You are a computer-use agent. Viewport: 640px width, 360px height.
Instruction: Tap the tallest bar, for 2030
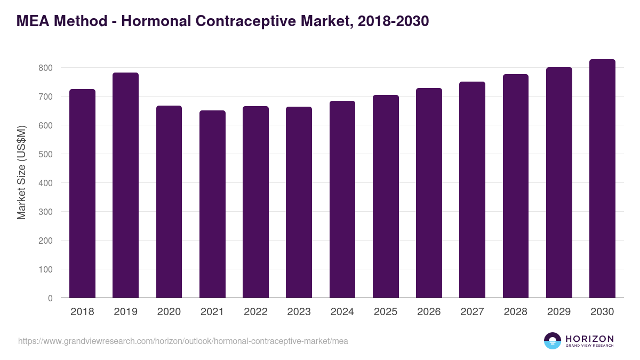[602, 179]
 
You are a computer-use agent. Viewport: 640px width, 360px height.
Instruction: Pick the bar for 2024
[342, 199]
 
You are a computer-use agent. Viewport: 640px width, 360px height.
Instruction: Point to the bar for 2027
[472, 190]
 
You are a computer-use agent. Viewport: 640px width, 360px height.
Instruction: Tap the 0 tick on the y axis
[50, 298]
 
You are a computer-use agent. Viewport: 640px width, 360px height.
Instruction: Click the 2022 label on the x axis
[255, 312]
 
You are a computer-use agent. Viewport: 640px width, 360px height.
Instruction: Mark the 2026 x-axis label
[429, 312]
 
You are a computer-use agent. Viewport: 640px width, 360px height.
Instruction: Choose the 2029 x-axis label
[559, 312]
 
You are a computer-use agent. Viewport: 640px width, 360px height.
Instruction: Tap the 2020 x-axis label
[169, 312]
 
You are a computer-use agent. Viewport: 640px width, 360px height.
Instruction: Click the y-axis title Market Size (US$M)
[21, 172]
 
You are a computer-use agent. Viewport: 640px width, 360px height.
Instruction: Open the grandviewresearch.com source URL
[183, 341]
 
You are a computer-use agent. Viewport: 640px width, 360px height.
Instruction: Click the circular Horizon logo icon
[553, 341]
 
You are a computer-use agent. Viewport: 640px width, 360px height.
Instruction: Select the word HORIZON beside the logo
[589, 338]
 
